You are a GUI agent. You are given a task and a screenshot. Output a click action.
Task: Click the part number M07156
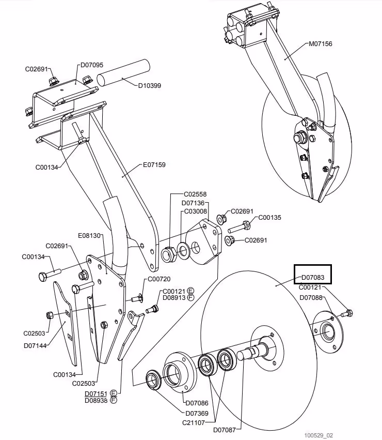tap(321, 44)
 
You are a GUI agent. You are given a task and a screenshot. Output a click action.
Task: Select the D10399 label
tap(150, 86)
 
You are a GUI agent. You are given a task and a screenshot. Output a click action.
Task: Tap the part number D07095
tap(92, 65)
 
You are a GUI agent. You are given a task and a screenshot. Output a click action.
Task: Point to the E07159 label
tap(154, 165)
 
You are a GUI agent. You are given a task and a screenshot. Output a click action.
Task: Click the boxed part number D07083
tap(313, 277)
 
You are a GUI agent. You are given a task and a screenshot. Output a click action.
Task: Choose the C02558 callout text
tap(195, 194)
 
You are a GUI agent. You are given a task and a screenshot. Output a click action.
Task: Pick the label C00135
tap(269, 218)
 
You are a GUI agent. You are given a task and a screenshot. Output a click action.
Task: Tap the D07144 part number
tap(35, 345)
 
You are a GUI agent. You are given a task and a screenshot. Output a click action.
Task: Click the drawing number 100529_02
tap(319, 435)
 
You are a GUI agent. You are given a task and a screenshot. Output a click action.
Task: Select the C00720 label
tap(159, 279)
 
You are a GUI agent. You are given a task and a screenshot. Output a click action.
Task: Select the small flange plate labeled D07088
tap(328, 331)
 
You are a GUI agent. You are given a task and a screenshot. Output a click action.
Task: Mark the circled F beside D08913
tap(190, 297)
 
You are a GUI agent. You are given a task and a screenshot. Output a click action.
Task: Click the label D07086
tap(197, 403)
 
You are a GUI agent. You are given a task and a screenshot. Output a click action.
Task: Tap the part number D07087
tap(225, 430)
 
